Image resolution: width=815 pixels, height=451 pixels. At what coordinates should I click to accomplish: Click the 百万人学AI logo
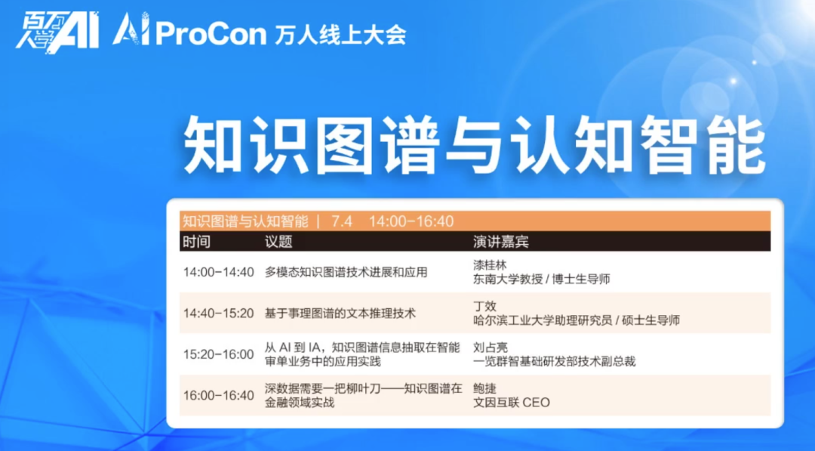[57, 32]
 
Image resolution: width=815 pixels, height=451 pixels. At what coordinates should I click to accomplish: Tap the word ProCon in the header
[211, 34]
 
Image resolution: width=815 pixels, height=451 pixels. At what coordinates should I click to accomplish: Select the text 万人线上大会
[340, 35]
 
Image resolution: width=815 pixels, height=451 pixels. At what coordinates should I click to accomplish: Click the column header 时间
[196, 242]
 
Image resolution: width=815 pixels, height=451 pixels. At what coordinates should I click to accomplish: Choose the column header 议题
[278, 242]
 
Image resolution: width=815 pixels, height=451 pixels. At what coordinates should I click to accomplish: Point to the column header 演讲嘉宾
[500, 242]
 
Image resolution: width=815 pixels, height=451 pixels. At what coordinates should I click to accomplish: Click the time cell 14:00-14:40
[218, 272]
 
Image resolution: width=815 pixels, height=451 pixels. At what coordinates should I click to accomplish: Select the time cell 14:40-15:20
[218, 314]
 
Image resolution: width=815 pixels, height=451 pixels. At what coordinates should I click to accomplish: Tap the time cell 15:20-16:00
[218, 354]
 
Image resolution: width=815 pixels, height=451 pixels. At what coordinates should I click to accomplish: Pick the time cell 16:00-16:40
[218, 395]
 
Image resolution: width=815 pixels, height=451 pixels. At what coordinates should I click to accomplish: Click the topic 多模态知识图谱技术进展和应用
[346, 272]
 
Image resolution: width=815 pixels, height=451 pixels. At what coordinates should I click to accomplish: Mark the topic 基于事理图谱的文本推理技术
[340, 314]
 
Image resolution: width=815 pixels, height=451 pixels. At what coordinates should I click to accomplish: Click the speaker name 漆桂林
[490, 264]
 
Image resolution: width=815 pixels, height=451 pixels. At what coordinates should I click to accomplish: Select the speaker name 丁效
[484, 306]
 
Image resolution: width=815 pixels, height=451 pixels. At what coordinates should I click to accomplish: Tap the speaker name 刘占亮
[491, 347]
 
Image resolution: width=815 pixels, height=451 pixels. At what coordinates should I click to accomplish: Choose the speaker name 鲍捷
[484, 388]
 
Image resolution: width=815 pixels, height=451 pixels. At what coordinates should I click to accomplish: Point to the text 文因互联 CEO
[512, 402]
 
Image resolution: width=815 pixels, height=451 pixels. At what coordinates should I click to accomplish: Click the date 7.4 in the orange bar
[342, 221]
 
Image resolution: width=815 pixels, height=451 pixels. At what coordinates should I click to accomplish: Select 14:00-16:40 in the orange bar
[411, 221]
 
